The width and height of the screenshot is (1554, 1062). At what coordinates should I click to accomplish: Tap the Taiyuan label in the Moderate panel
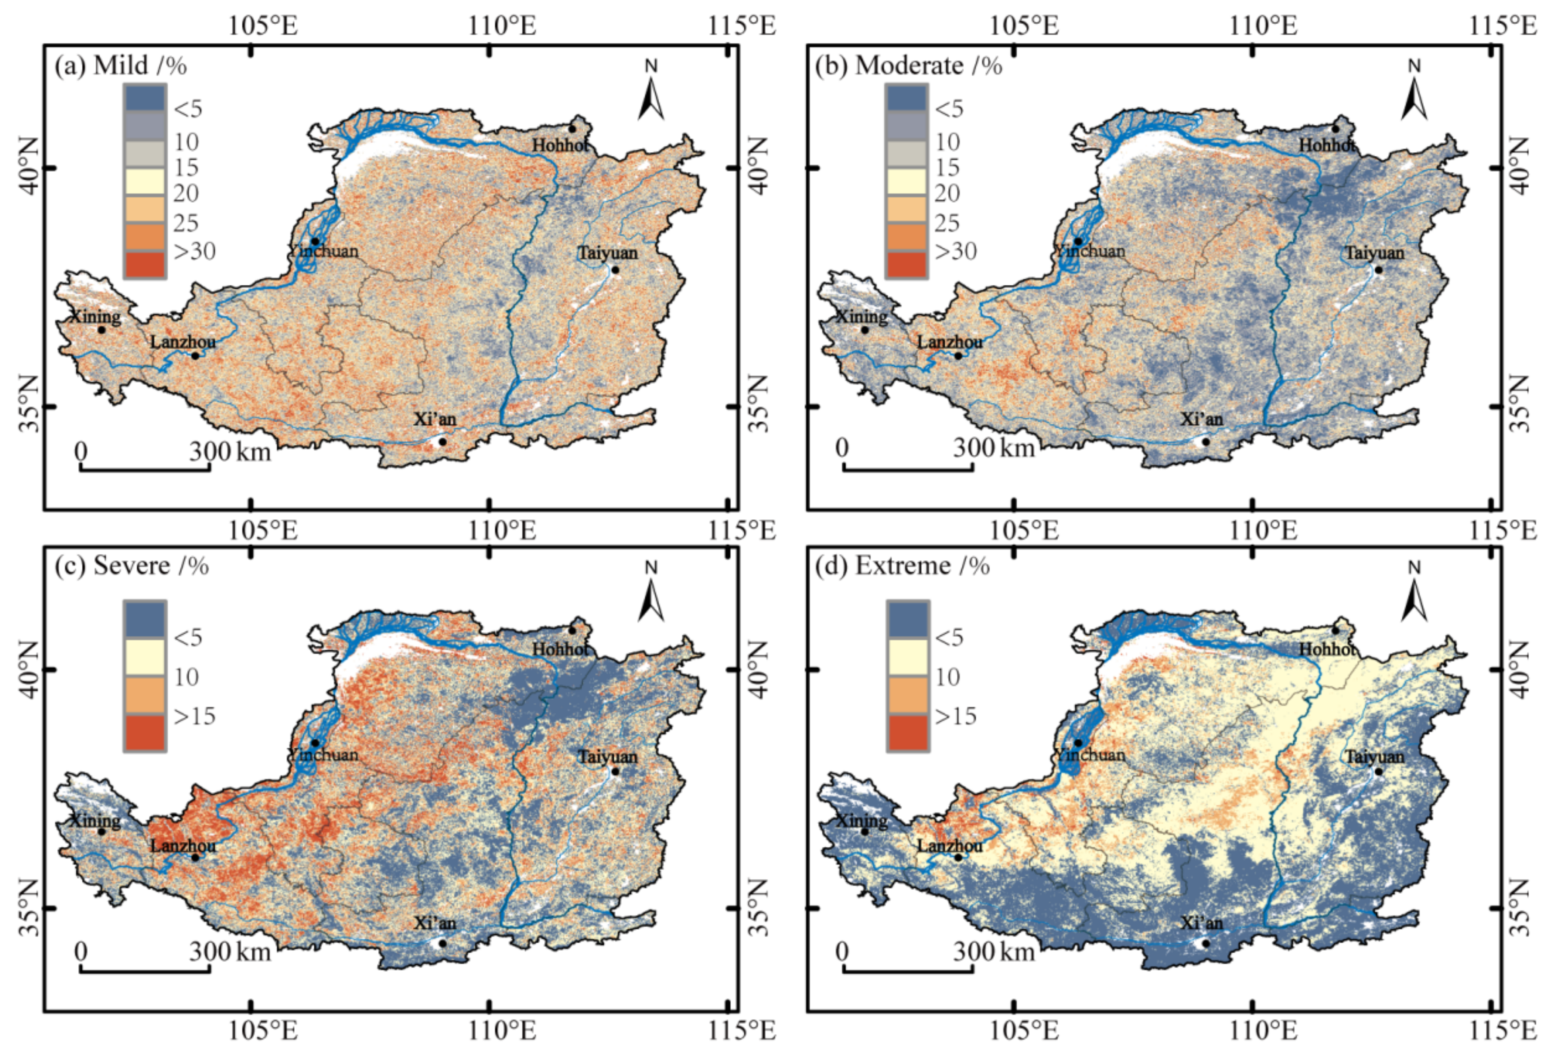pos(1374,253)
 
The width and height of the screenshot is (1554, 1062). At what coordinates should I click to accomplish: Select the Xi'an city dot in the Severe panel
pos(442,943)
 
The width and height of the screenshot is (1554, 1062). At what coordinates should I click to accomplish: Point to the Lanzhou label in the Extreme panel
pos(950,845)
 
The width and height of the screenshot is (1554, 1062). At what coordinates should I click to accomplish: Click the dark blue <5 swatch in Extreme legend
pos(907,619)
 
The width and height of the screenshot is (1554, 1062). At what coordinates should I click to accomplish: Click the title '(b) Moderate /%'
pos(908,65)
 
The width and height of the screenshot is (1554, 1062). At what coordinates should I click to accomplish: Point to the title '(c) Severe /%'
pos(132,566)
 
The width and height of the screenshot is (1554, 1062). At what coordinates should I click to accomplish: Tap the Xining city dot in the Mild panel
pos(102,330)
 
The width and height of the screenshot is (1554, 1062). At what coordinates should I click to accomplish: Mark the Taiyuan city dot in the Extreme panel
pos(1378,771)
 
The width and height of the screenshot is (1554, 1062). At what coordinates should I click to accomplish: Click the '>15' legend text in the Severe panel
pos(194,716)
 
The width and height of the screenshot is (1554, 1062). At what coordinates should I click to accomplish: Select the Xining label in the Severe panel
pos(96,820)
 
